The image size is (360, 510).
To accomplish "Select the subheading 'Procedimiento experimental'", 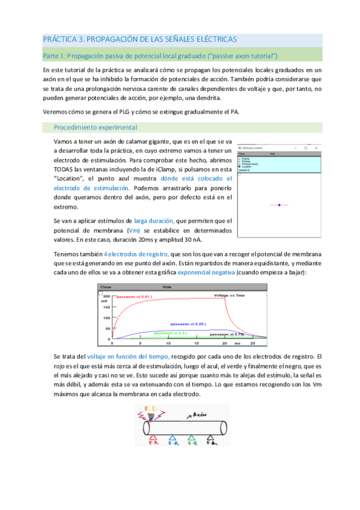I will click(96, 127).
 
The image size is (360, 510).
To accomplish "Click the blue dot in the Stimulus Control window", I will click(279, 205).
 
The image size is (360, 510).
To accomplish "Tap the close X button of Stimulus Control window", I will click(319, 147).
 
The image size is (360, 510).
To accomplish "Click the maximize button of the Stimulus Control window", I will click(307, 147).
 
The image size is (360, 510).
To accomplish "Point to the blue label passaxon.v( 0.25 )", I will click(189, 323).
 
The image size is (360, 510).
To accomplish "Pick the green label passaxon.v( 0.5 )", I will click(170, 333).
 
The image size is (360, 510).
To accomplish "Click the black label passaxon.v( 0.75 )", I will click(227, 333).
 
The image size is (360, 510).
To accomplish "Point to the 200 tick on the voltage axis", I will click(106, 297).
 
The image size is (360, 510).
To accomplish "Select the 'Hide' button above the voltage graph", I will click(178, 287).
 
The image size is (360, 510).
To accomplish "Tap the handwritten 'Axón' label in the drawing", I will click(197, 415).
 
